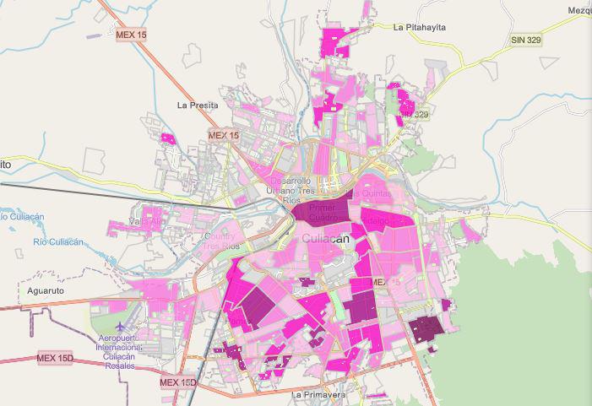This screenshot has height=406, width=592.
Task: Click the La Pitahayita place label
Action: pyautogui.click(x=419, y=28)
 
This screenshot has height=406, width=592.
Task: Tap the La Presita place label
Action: pyautogui.click(x=198, y=106)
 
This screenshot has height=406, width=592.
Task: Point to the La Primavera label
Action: pyautogui.click(x=319, y=394)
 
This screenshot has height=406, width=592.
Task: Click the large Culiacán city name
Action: pyautogui.click(x=325, y=239)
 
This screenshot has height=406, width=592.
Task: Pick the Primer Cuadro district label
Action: pyautogui.click(x=323, y=212)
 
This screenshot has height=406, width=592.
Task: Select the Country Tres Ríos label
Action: pyautogui.click(x=221, y=241)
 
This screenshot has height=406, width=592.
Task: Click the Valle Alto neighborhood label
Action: pyautogui.click(x=144, y=222)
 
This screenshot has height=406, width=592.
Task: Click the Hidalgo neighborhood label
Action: pyautogui.click(x=376, y=220)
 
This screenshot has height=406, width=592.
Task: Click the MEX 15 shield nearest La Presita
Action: pyautogui.click(x=224, y=135)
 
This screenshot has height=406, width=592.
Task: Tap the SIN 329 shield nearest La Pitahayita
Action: pyautogui.click(x=525, y=40)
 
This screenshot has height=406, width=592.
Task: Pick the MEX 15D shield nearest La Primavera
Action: pyautogui.click(x=178, y=382)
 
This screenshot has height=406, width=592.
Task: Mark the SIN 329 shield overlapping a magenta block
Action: pyautogui.click(x=415, y=114)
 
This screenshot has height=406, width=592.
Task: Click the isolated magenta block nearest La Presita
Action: pyautogui.click(x=167, y=138)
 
